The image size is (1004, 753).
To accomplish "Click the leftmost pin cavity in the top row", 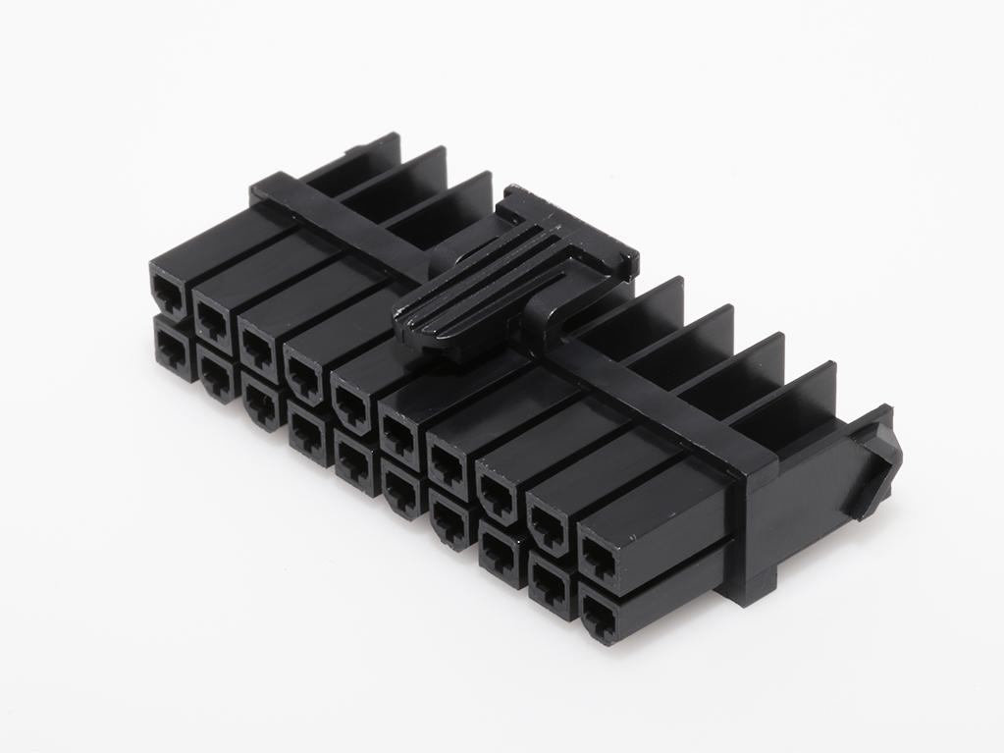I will pos(166,289).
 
